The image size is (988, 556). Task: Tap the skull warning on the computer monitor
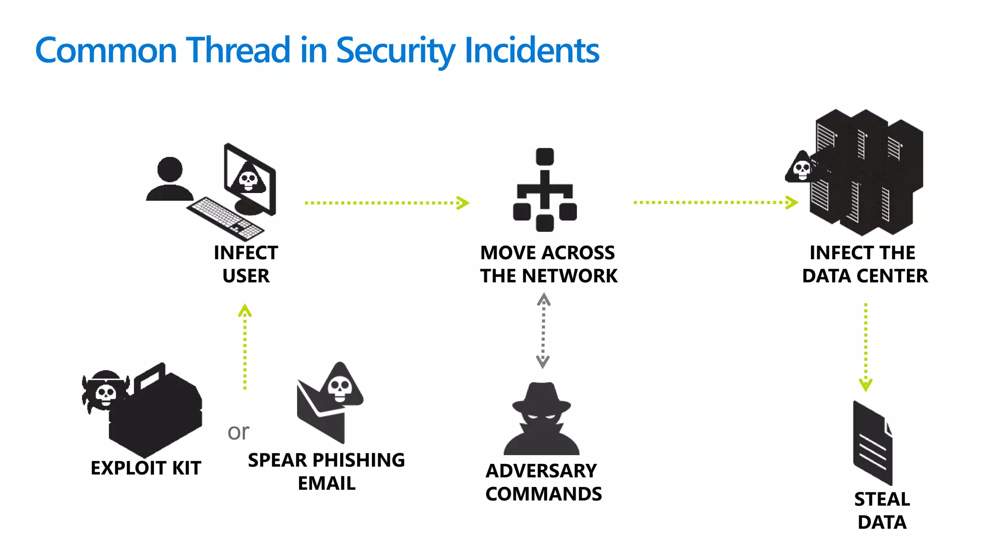pyautogui.click(x=249, y=179)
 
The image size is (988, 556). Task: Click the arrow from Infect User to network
pyautogui.click(x=386, y=203)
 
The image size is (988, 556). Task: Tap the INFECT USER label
pyautogui.click(x=246, y=264)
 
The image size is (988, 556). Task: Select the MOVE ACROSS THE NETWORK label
pyautogui.click(x=549, y=264)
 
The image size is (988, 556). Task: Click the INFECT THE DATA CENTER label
pyautogui.click(x=864, y=264)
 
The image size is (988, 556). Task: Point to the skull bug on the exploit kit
pyautogui.click(x=105, y=391)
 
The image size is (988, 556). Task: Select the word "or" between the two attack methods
pyautogui.click(x=238, y=432)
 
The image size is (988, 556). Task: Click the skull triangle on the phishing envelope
pyautogui.click(x=340, y=386)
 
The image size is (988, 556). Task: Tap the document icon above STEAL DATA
pyautogui.click(x=872, y=443)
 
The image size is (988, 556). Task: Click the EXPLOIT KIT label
pyautogui.click(x=146, y=468)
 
